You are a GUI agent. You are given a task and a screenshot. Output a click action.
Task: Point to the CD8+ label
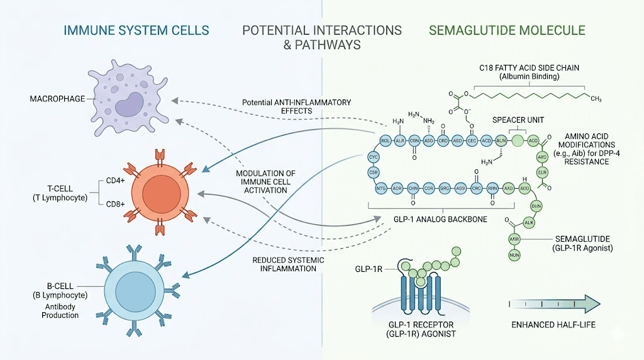[x=116, y=203]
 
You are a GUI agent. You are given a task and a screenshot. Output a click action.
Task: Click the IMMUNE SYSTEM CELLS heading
[x=136, y=30]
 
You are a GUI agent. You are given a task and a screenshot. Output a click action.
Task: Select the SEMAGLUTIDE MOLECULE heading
[x=506, y=30]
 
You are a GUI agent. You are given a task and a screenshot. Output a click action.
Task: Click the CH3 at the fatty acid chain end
[x=596, y=99]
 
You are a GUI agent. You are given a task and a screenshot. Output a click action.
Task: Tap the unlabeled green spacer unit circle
[x=517, y=141]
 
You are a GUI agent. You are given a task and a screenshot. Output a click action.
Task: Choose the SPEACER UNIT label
[x=518, y=120]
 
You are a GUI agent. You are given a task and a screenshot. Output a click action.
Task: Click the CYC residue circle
[x=374, y=155]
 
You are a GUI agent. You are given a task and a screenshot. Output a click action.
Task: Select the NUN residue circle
[x=514, y=255]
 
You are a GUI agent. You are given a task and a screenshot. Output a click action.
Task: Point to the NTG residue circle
[x=380, y=188]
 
